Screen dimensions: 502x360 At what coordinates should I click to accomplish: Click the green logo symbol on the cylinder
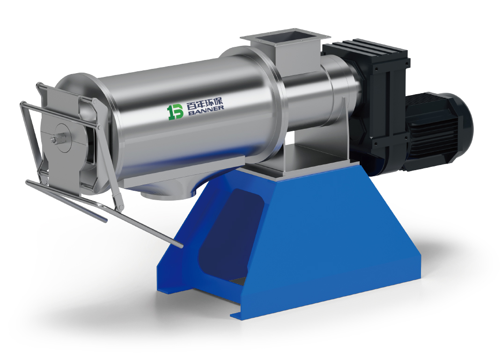coord(176,112)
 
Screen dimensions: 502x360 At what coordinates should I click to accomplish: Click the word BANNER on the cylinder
coord(205,109)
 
